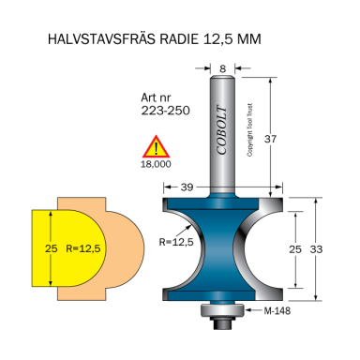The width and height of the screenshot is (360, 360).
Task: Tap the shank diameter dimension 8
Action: [221, 67]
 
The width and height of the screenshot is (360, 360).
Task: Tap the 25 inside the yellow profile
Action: [51, 248]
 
